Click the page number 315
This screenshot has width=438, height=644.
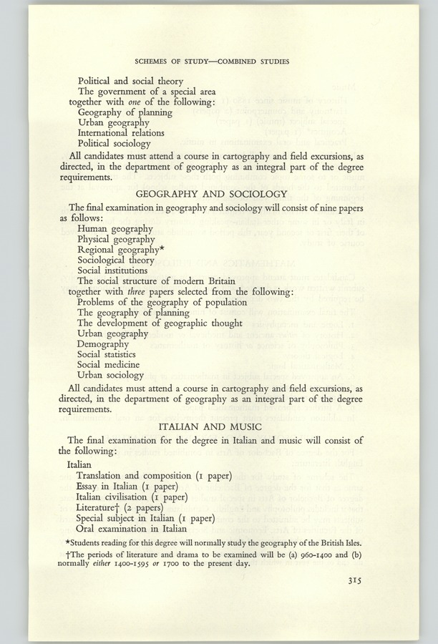coord(350,581)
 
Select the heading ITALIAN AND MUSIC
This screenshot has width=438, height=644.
coord(222,427)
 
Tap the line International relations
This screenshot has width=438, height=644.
coord(121,133)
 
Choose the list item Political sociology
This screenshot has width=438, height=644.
coord(115,144)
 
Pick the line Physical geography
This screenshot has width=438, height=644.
coord(116,239)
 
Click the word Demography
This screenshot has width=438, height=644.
coord(103,343)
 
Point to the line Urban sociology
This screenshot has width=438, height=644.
coord(110,375)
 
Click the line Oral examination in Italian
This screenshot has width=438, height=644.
coord(131,529)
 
